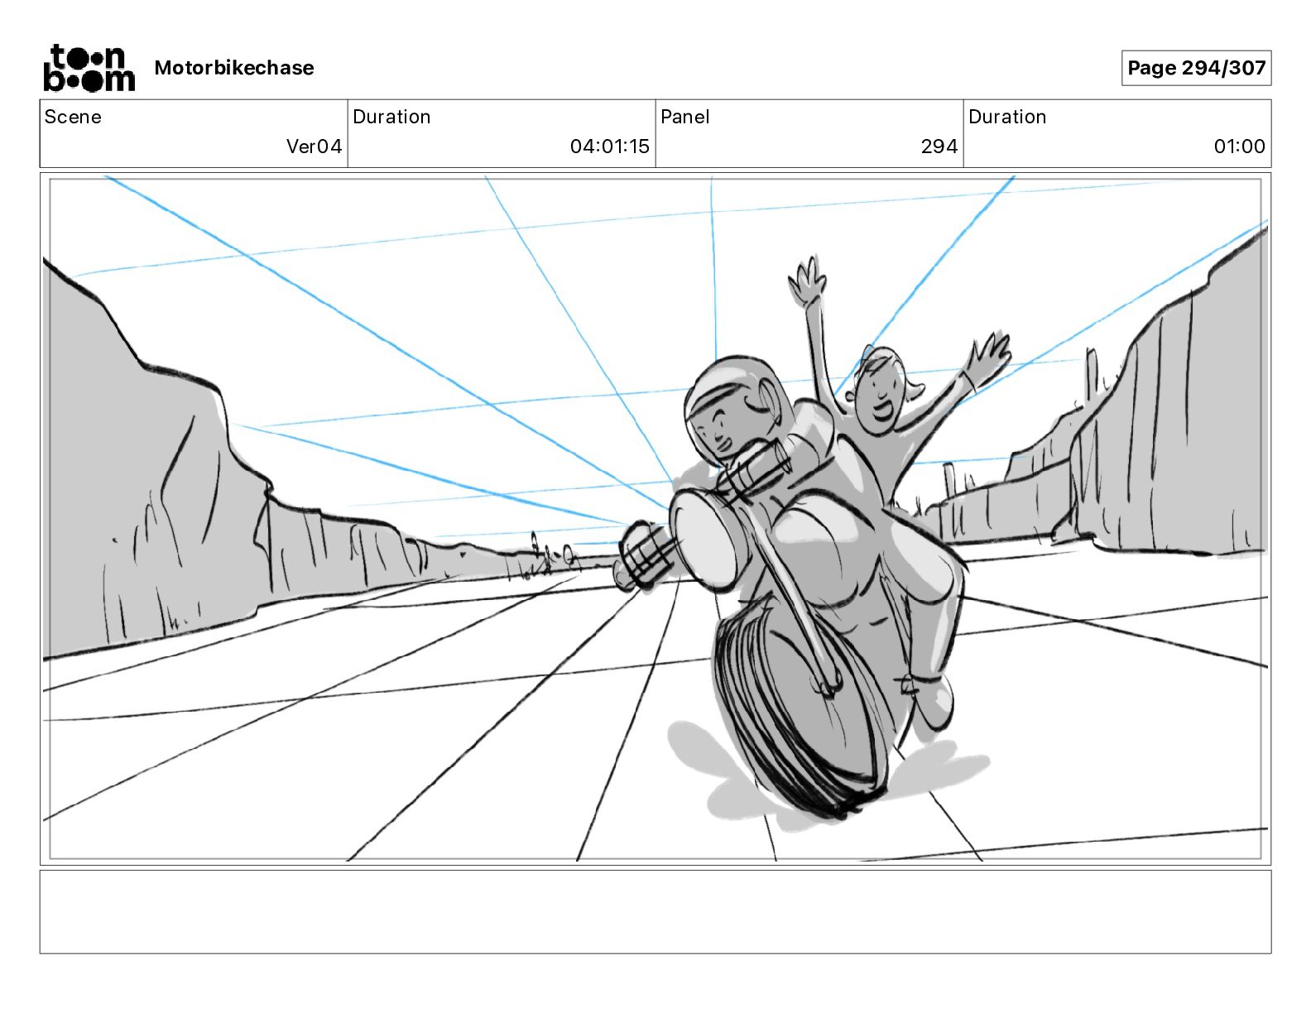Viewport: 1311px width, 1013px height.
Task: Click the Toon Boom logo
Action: (x=89, y=68)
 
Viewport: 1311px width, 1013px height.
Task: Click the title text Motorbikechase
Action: (x=234, y=68)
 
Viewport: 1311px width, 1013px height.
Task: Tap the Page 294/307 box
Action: (x=1196, y=68)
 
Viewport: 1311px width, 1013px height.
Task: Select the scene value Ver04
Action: (x=314, y=146)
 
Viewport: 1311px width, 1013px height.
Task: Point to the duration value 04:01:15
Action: (x=609, y=146)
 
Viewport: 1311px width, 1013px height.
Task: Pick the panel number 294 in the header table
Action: (x=939, y=146)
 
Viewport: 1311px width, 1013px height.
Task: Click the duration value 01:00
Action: (x=1239, y=146)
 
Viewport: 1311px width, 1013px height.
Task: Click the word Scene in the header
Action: (x=73, y=117)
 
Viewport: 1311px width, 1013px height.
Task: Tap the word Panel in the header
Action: (x=685, y=117)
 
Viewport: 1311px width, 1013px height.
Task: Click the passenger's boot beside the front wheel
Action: (x=931, y=699)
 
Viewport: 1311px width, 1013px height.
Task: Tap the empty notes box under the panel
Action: (x=655, y=911)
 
